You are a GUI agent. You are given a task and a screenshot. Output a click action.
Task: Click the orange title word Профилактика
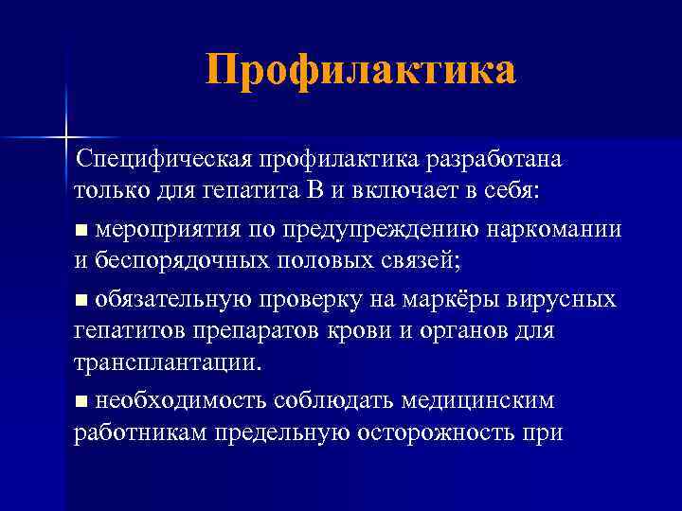point(361,71)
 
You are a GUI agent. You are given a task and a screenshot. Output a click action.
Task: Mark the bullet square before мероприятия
point(81,230)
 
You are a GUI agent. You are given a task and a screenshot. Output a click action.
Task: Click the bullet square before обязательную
point(81,301)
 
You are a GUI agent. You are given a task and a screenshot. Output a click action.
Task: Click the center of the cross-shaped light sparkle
point(67,138)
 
